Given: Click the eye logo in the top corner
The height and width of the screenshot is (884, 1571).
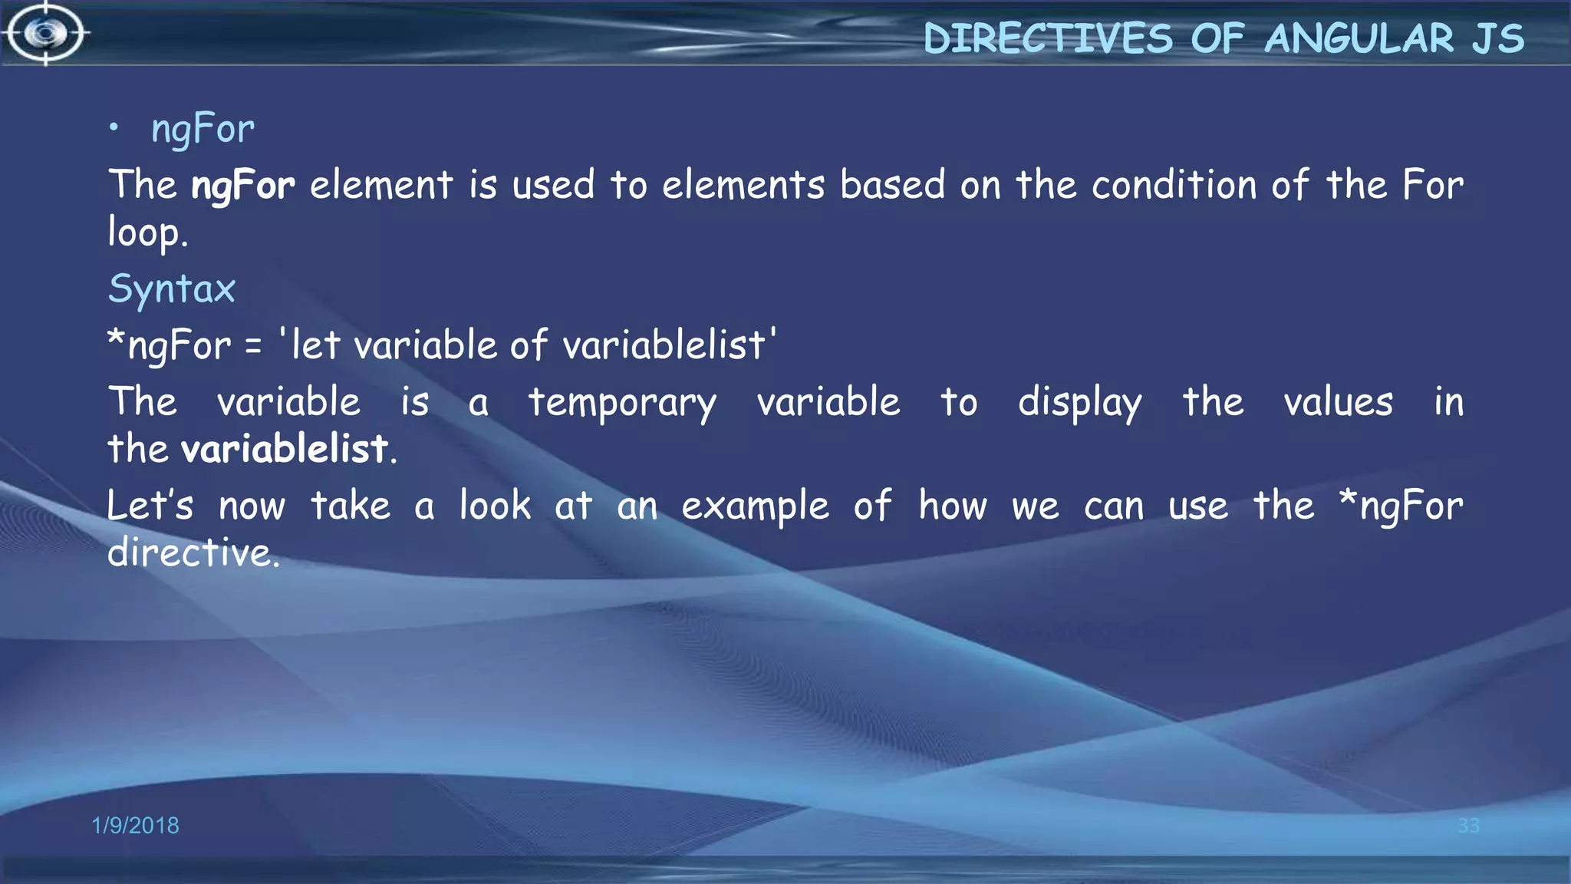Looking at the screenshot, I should click(x=46, y=33).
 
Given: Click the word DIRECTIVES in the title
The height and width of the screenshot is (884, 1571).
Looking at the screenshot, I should click(x=1048, y=38).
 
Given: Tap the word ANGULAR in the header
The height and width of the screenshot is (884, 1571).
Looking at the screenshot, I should click(x=1359, y=38).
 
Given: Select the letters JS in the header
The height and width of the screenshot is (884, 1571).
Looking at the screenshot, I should click(x=1497, y=38).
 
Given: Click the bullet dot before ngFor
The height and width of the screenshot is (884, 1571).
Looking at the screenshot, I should click(x=114, y=128).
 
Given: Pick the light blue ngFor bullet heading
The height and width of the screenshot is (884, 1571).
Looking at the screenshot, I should click(x=203, y=129).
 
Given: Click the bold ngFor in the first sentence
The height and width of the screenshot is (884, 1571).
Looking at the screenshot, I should click(x=242, y=186).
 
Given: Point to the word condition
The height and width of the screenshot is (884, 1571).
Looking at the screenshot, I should click(x=1174, y=186).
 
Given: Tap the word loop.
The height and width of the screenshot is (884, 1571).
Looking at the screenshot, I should click(x=147, y=233).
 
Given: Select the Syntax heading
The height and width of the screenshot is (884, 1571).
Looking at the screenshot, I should click(x=172, y=289).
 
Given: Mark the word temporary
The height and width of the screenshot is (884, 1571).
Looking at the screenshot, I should click(x=622, y=403).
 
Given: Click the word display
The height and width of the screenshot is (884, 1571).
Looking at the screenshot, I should click(x=1079, y=403).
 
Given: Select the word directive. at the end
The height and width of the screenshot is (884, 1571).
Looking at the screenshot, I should click(x=193, y=552).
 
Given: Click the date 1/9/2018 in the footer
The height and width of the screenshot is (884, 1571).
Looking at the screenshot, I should click(x=135, y=825).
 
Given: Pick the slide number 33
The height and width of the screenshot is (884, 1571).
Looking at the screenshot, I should click(x=1468, y=825).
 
